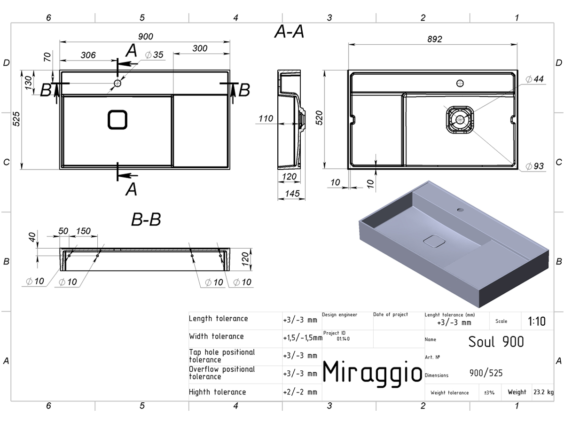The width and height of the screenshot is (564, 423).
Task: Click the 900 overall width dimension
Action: (145, 37)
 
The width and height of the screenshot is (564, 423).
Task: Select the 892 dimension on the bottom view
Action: (434, 39)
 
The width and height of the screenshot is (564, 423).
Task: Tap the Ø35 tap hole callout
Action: (154, 55)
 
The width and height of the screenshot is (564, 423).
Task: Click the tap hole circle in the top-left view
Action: (117, 83)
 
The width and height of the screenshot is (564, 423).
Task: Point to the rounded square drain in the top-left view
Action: (117, 120)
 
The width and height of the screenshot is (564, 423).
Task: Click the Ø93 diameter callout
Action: (535, 166)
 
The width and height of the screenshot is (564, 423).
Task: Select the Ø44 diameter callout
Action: (535, 79)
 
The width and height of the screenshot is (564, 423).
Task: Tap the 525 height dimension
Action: (16, 119)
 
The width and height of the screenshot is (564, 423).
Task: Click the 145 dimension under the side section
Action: (292, 193)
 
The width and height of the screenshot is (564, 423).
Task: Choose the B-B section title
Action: (146, 219)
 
